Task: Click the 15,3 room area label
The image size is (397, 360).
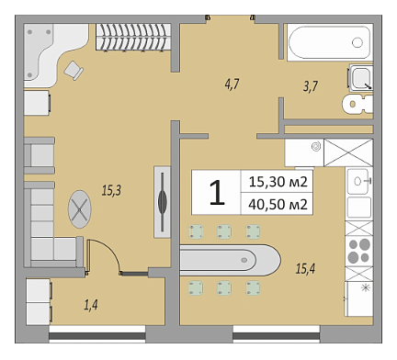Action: [x=111, y=190]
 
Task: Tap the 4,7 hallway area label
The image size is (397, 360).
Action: [x=233, y=84]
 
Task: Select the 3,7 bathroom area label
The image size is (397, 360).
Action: [x=311, y=86]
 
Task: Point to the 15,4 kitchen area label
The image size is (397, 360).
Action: [x=305, y=269]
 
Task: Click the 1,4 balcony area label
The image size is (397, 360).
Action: [x=91, y=305]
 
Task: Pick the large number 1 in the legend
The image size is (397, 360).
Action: [x=217, y=193]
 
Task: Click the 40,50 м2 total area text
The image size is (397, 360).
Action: [x=278, y=204]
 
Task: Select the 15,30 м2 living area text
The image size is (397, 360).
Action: [x=278, y=182]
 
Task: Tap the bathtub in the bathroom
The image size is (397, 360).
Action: [x=330, y=42]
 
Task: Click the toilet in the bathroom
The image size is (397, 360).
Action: [x=357, y=105]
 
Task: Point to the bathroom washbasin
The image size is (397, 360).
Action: [x=361, y=78]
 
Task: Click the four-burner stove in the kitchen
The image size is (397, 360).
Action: [x=359, y=251]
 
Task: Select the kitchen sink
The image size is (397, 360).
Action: [x=358, y=181]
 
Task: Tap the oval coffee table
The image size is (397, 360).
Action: [x=80, y=209]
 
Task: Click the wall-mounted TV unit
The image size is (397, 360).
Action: [x=162, y=202]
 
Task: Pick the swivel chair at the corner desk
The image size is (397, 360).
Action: [x=74, y=71]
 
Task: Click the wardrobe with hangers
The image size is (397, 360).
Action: [x=133, y=37]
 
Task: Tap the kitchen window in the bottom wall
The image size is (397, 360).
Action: [x=277, y=336]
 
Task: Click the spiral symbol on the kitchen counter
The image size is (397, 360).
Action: [x=316, y=146]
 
